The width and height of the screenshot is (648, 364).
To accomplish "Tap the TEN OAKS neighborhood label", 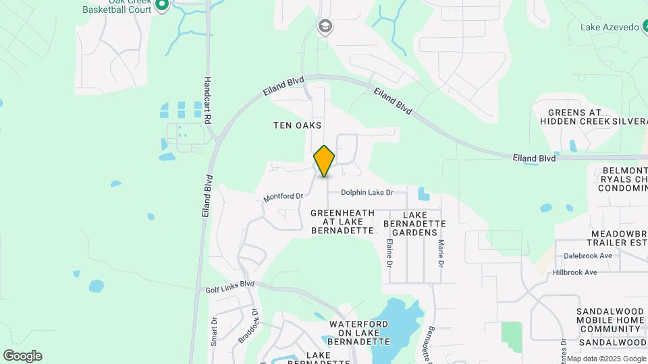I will coord(296,125).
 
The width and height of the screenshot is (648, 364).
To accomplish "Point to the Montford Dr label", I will coord(283,196).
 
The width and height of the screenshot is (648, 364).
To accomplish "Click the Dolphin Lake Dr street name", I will coord(367,193).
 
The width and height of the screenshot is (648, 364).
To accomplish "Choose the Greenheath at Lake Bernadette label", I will coord(342,222).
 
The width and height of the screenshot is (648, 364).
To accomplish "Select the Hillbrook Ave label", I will coord(574,272).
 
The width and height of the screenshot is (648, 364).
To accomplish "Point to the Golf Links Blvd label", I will coord(230,286).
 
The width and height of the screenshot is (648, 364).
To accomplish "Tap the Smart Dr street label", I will coord(214,331).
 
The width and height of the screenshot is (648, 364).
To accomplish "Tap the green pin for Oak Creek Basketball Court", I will coord(161,5).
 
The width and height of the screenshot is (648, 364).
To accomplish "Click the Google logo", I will coord(22,356).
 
